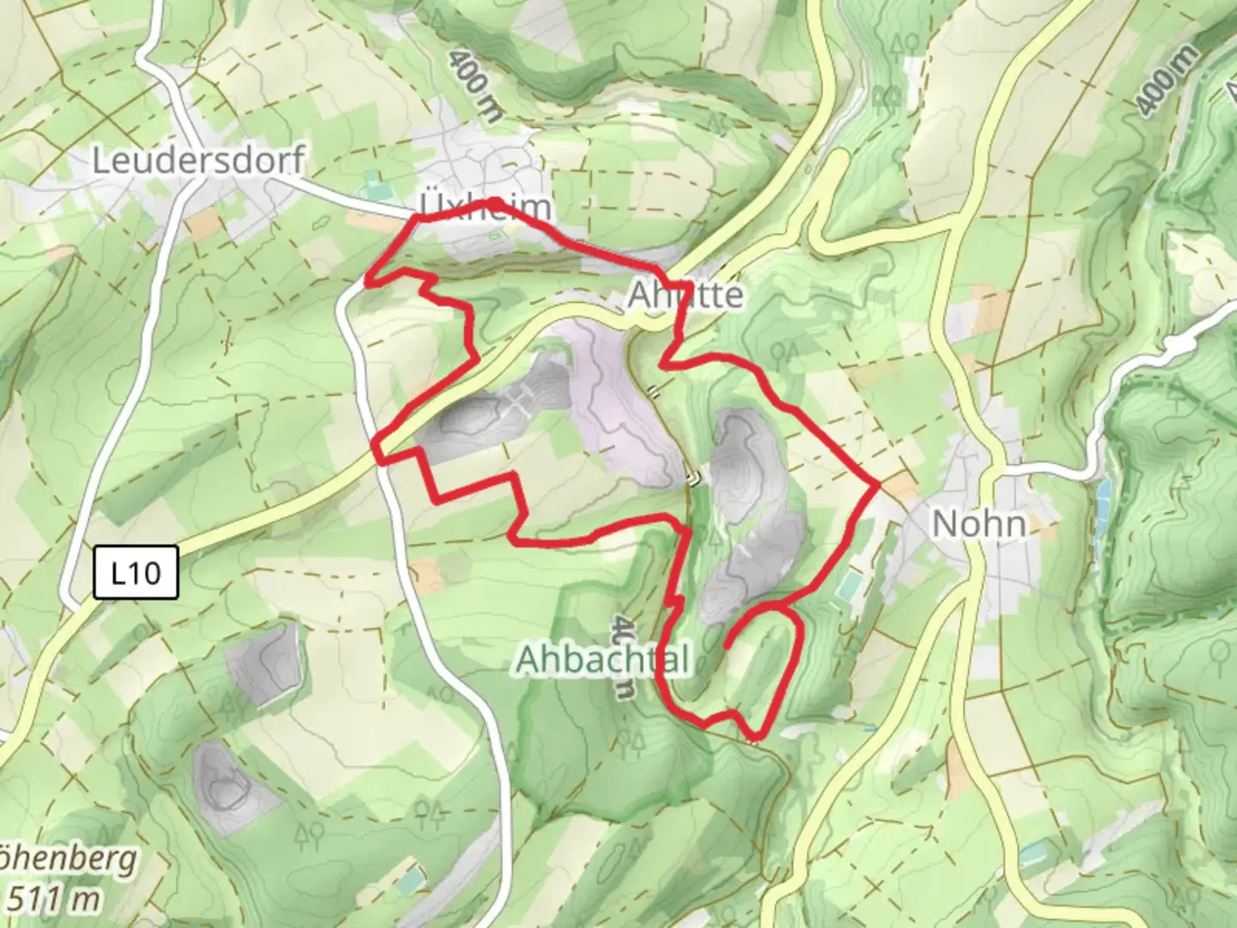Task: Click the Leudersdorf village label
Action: (x=198, y=161)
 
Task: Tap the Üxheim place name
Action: (x=485, y=207)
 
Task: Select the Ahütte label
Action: (x=686, y=295)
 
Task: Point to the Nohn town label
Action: (x=978, y=522)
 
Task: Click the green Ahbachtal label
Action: (x=602, y=660)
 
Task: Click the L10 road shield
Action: (x=136, y=572)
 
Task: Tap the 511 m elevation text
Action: (x=52, y=899)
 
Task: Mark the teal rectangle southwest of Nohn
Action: (x=850, y=586)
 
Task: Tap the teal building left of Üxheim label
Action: (x=373, y=184)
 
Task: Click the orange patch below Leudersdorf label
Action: (x=204, y=225)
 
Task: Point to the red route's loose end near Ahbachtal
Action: (x=727, y=644)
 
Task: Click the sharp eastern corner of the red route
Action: (x=877, y=486)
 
